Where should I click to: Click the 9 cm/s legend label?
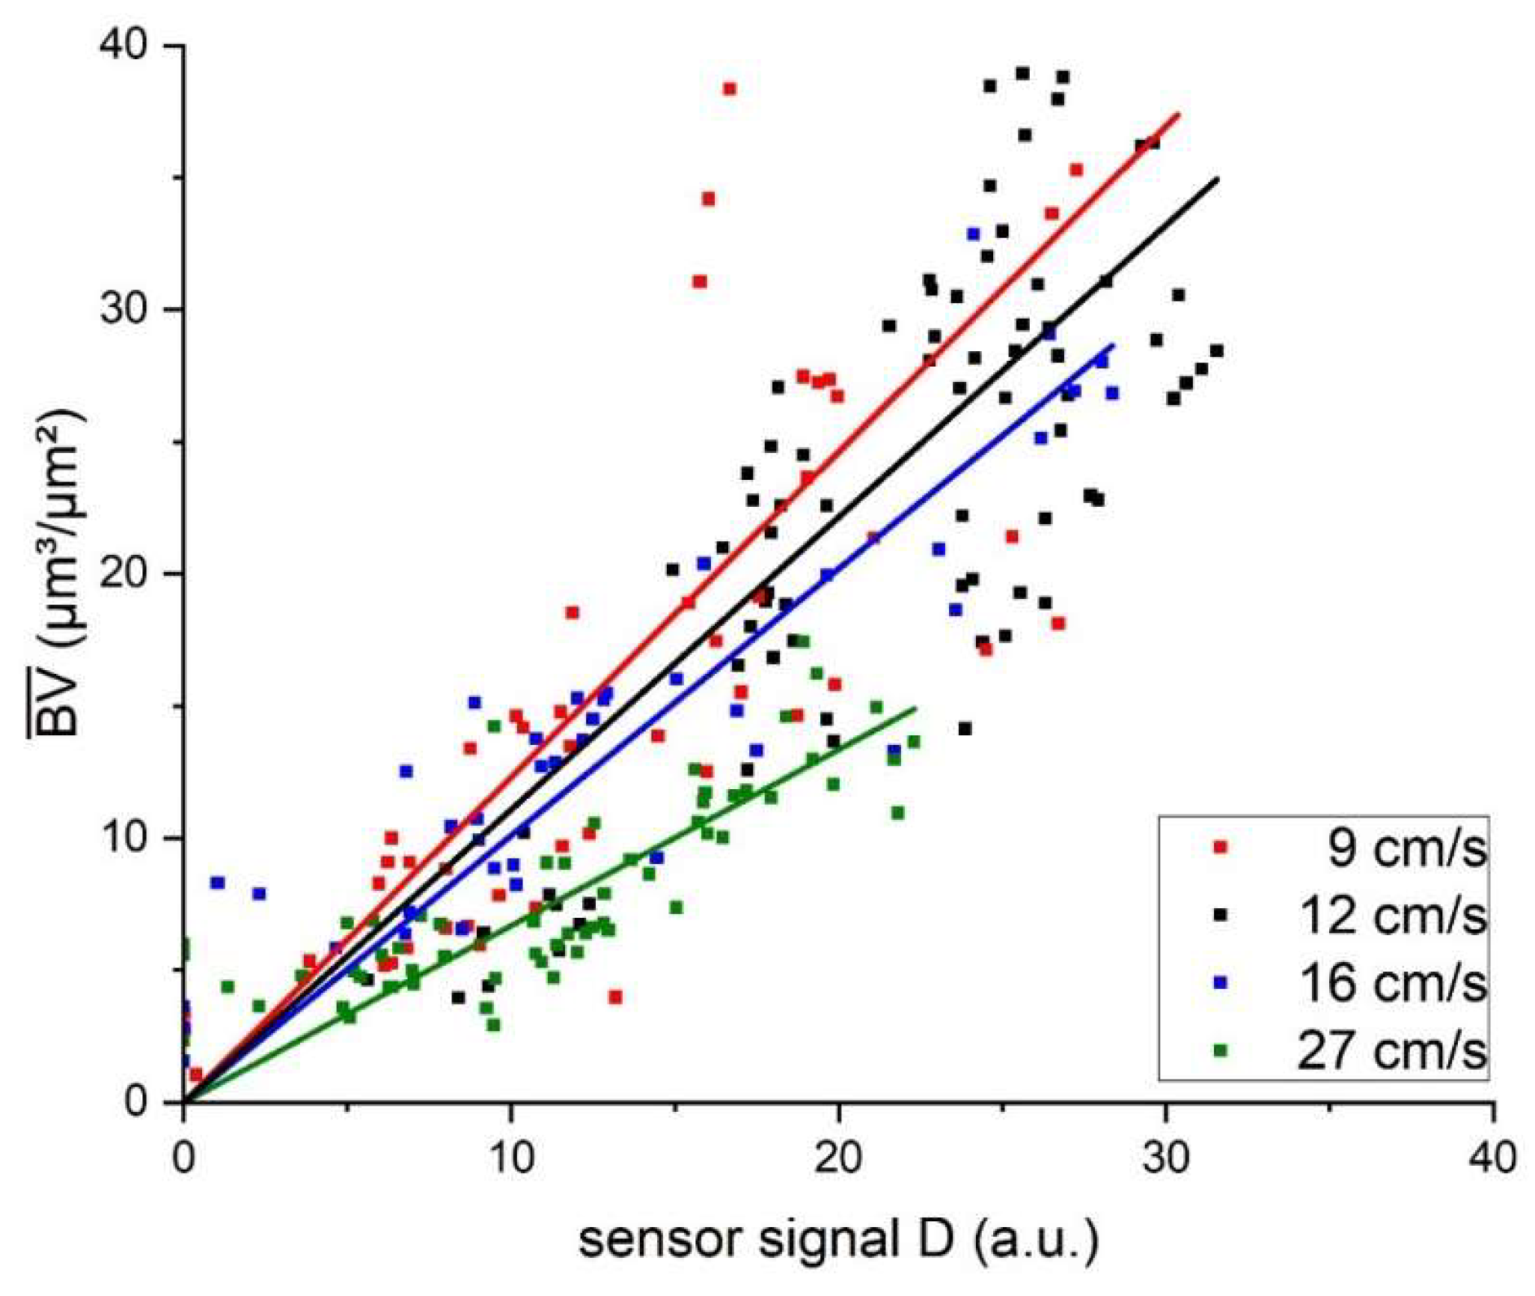click(1406, 849)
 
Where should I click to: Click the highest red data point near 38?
click(729, 89)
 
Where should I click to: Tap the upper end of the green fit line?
click(915, 708)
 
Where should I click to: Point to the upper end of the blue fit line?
click(1113, 344)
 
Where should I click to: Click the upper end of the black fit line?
click(1218, 178)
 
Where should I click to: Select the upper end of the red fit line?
click(1179, 114)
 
